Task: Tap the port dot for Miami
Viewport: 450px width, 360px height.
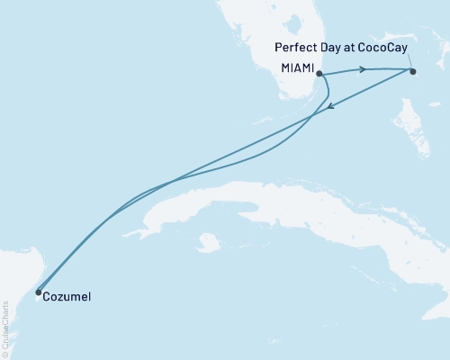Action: click(319, 76)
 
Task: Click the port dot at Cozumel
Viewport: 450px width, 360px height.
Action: click(38, 292)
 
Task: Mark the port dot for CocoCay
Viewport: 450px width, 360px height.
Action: click(413, 71)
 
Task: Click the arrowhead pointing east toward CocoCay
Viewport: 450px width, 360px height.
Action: click(362, 68)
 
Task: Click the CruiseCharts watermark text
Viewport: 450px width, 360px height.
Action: click(5, 325)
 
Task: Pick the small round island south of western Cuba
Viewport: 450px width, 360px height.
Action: click(209, 242)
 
